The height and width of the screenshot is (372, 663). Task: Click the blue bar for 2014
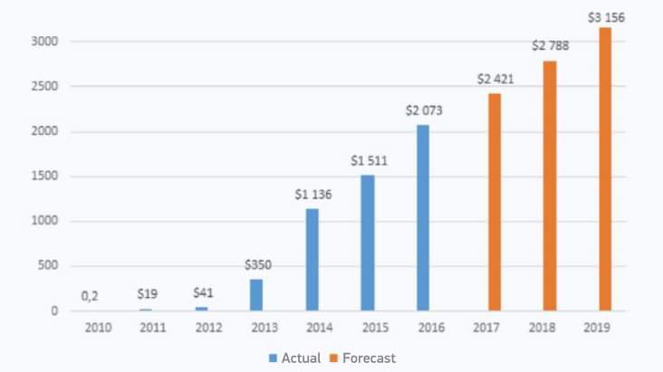tap(312, 260)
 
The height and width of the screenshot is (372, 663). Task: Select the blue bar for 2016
tap(423, 217)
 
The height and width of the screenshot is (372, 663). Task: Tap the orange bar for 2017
tap(495, 202)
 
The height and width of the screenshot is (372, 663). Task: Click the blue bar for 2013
tap(256, 295)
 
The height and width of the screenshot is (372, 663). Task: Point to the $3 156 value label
tap(605, 17)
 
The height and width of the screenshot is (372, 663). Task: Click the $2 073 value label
tap(424, 110)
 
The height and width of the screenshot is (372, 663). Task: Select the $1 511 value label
tap(369, 160)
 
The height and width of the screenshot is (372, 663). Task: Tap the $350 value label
tap(257, 265)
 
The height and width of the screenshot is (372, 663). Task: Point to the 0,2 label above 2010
tap(90, 295)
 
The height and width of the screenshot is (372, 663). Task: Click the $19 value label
tap(147, 294)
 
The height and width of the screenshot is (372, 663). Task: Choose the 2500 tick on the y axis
tap(45, 87)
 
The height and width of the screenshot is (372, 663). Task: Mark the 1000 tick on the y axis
tap(45, 222)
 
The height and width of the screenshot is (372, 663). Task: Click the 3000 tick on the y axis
tap(45, 42)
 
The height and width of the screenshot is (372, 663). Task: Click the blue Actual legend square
tap(273, 358)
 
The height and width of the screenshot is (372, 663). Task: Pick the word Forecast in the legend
tap(369, 358)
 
